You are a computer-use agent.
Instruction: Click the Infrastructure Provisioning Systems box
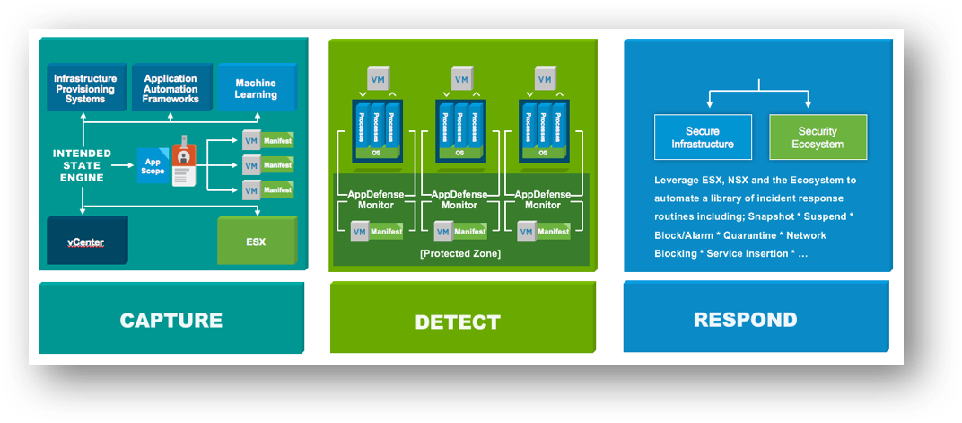84,88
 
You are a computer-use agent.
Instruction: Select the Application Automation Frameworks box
171,88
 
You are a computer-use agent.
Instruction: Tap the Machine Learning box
256,88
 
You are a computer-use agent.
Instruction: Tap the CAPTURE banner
171,320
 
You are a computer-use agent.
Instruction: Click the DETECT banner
458,322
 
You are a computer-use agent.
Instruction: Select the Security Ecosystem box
818,137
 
